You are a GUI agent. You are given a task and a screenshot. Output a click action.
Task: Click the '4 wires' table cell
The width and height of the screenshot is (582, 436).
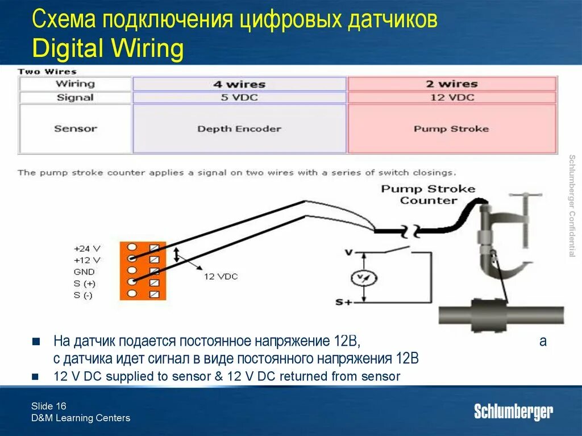click(239, 84)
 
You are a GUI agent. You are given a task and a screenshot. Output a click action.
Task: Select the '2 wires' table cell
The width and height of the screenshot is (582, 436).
click(452, 84)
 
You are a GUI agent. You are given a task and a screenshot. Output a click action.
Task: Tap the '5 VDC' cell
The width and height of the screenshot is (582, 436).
click(239, 97)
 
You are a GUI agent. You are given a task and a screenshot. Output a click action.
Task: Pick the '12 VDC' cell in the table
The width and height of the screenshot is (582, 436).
click(452, 97)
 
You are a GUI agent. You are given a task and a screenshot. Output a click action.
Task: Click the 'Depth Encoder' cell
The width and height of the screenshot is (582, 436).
click(239, 129)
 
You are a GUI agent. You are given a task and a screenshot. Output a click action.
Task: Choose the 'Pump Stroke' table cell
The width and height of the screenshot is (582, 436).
click(452, 129)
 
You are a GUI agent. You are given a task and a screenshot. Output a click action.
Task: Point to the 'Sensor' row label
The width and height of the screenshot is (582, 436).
click(76, 128)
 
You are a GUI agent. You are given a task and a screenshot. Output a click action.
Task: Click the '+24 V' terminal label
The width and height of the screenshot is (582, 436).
click(87, 248)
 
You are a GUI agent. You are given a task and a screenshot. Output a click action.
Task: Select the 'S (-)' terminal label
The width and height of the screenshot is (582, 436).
click(84, 295)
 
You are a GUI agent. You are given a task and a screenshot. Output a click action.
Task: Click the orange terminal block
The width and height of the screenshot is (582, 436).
click(143, 271)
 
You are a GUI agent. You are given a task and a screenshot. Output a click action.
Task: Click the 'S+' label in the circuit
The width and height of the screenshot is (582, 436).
click(343, 303)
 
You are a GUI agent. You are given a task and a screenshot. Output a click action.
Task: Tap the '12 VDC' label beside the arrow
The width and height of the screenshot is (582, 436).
click(221, 276)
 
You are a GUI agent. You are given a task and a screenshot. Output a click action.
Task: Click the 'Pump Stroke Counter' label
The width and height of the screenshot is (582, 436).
click(428, 194)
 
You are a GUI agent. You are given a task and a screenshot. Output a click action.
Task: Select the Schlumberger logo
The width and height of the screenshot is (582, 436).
click(513, 412)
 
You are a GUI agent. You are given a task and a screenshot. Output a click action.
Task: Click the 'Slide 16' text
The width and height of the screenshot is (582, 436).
click(49, 406)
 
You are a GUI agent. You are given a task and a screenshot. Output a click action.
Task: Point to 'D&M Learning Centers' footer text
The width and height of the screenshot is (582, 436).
click(81, 418)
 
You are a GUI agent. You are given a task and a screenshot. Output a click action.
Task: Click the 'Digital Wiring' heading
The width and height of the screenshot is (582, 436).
click(108, 49)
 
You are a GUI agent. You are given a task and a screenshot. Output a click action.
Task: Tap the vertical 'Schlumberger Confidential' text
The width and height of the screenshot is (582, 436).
click(572, 205)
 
